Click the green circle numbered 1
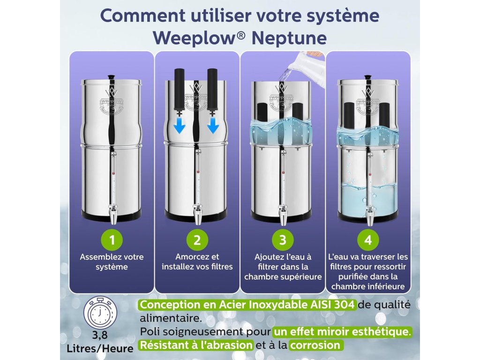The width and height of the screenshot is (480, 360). click(x=112, y=240)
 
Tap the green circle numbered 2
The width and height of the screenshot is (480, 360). click(x=197, y=240)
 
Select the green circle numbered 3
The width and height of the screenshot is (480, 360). click(x=283, y=240)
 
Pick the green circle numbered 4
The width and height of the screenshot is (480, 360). click(x=368, y=240)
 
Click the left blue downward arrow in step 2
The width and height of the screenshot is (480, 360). click(x=180, y=126)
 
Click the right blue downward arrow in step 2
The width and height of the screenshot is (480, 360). click(x=213, y=126)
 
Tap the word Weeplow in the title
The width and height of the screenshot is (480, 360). click(x=195, y=38)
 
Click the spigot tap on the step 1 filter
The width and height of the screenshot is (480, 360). click(x=113, y=213)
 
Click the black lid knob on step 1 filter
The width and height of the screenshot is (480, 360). click(x=111, y=77)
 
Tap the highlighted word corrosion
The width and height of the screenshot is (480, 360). click(x=315, y=345)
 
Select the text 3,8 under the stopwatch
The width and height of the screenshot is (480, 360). click(x=100, y=335)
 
